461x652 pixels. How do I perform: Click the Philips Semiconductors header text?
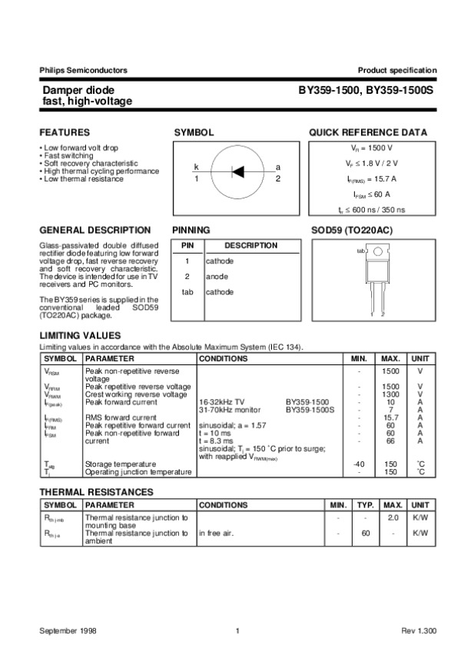83,70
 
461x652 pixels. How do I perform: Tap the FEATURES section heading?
65,132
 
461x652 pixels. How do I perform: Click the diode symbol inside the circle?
237,171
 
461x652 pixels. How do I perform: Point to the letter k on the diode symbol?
196,167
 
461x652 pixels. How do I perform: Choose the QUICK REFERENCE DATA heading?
368,132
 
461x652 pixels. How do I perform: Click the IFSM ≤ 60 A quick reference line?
372,195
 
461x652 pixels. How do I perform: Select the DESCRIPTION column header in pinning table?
250,245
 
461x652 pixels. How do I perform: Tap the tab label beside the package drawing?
360,251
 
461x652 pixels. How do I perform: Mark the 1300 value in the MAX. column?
391,394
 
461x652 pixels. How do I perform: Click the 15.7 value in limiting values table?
391,417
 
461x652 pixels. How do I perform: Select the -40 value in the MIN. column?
357,464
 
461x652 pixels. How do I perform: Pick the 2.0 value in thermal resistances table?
393,518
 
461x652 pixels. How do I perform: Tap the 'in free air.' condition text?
219,533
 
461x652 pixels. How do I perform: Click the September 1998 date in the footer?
68,630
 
